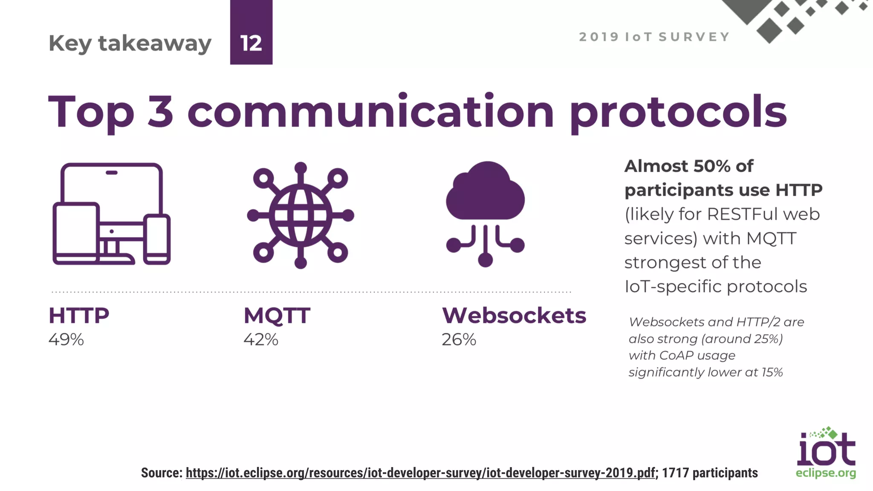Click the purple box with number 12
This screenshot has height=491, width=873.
click(251, 32)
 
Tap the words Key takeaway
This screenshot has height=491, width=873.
click(130, 43)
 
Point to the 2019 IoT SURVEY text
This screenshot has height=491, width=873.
click(654, 37)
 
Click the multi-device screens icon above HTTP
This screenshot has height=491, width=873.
click(112, 214)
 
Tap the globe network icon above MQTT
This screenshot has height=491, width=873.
click(301, 215)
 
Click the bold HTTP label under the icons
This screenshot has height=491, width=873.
click(79, 316)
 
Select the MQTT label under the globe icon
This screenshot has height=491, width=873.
click(277, 316)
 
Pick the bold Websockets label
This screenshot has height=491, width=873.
click(514, 316)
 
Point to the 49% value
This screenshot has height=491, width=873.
click(66, 340)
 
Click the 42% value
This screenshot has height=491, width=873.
click(261, 340)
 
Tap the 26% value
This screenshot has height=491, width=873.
click(459, 340)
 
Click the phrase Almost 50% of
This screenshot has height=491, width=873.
click(689, 166)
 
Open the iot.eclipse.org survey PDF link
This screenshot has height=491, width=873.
click(420, 473)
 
